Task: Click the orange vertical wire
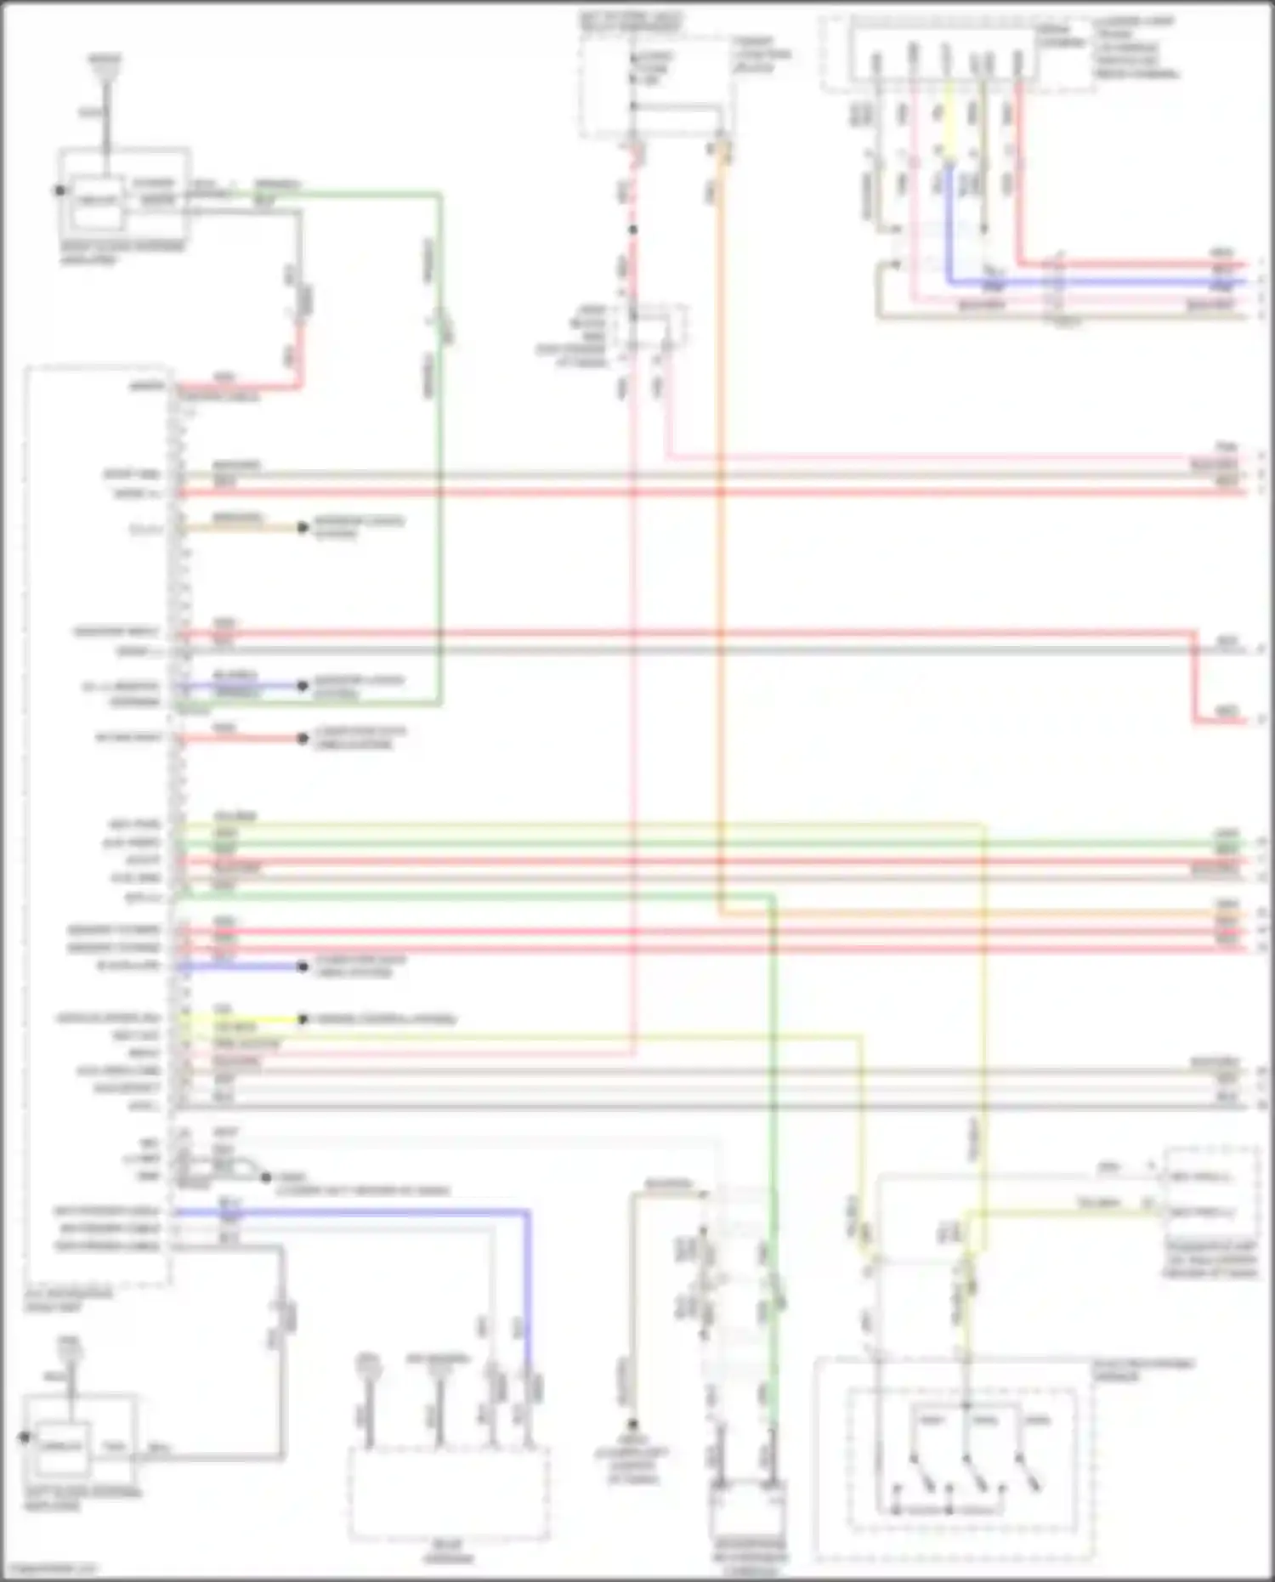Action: tap(721, 510)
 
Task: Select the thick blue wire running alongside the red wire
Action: tap(1105, 281)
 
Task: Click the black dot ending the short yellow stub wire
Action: tap(303, 1018)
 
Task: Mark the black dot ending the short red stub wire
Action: tap(303, 738)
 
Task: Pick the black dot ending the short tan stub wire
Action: tap(303, 527)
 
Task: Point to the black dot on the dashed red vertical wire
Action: tap(633, 230)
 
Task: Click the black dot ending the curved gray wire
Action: tap(266, 1177)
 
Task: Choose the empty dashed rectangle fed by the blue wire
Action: tap(448, 1494)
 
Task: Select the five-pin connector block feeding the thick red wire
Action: tap(948, 55)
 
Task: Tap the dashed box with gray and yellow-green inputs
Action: tap(1210, 1194)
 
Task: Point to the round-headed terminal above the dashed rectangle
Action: tap(367, 1365)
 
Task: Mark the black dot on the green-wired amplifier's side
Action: tap(60, 190)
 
